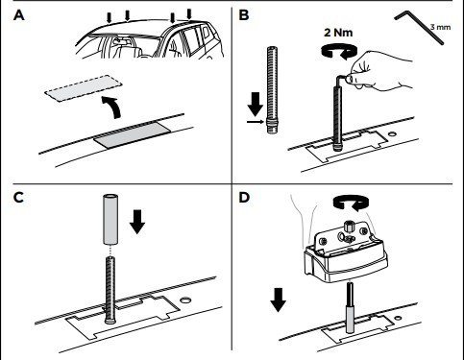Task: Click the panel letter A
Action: pyautogui.click(x=19, y=15)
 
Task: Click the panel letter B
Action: pyautogui.click(x=244, y=15)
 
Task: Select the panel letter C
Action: pyautogui.click(x=18, y=198)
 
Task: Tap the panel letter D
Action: pyautogui.click(x=244, y=198)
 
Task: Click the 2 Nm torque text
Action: pyautogui.click(x=338, y=33)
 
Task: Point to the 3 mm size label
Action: pyautogui.click(x=440, y=27)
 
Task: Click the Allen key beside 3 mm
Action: pyautogui.click(x=420, y=28)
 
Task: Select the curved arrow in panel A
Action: pyautogui.click(x=111, y=107)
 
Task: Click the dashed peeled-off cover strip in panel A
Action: pyautogui.click(x=84, y=88)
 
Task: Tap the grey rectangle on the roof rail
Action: pyautogui.click(x=132, y=134)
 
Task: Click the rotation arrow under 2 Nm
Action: pyautogui.click(x=339, y=51)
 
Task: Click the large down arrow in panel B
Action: pyautogui.click(x=256, y=104)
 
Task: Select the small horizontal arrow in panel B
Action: pyautogui.click(x=256, y=122)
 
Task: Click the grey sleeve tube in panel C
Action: pyautogui.click(x=110, y=219)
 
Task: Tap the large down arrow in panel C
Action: pyautogui.click(x=137, y=222)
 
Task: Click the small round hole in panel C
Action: pyautogui.click(x=185, y=300)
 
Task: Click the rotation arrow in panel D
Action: pyautogui.click(x=351, y=204)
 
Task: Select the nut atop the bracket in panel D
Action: pyautogui.click(x=350, y=227)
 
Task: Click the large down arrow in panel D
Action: pyautogui.click(x=279, y=300)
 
